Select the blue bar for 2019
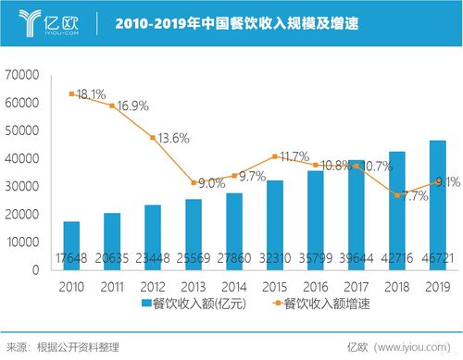[x=437, y=205]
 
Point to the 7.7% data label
[x=416, y=196]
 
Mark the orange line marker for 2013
[x=193, y=182]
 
